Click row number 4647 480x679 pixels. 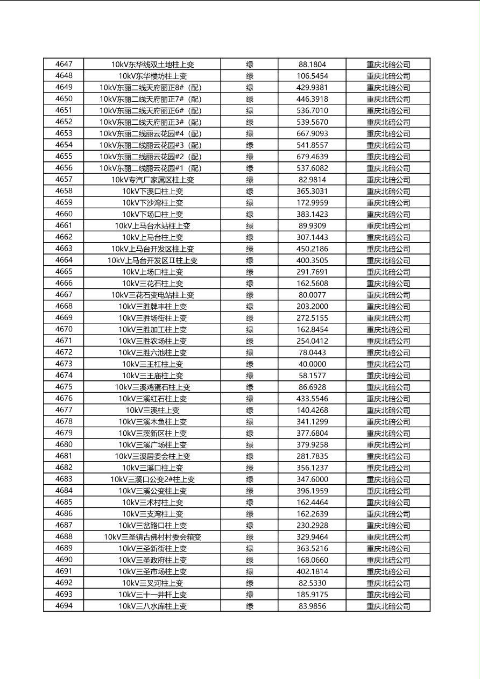63,64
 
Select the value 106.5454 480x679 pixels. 312,76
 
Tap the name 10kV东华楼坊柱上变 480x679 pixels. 152,76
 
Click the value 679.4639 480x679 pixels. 312,157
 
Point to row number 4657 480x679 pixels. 63,179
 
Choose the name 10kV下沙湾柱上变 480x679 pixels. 152,203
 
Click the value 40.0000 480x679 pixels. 312,364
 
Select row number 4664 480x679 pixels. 63,260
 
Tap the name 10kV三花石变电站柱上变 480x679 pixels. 152,295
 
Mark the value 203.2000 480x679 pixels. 312,306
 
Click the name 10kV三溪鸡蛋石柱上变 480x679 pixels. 152,387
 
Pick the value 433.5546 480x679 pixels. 312,399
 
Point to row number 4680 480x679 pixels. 63,444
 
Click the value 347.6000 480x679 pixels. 312,479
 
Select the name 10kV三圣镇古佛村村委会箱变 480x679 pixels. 152,536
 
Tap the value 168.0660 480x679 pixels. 312,560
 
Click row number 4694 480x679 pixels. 63,606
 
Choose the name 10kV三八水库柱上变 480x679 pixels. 152,606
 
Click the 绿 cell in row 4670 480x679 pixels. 250,329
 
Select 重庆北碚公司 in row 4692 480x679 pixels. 388,583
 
